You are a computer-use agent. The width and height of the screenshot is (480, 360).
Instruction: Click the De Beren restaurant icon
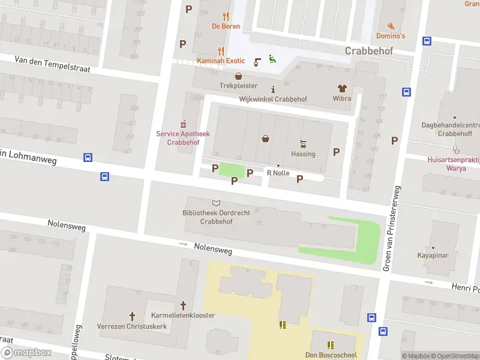(226, 16)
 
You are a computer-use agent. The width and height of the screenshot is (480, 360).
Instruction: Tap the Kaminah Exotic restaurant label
(221, 61)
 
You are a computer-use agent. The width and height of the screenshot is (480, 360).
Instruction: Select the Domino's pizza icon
(391, 26)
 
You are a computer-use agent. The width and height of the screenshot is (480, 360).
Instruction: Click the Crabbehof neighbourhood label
(369, 51)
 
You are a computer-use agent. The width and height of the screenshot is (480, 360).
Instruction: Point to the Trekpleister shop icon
(238, 76)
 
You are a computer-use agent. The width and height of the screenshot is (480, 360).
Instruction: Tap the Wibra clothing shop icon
(342, 88)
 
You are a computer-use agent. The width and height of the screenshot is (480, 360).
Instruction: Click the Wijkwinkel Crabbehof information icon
(273, 89)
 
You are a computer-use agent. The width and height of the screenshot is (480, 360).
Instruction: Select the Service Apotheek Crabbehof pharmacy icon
(183, 124)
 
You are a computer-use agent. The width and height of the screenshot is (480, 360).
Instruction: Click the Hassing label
(303, 154)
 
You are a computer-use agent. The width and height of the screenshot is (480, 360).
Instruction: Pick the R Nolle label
(278, 173)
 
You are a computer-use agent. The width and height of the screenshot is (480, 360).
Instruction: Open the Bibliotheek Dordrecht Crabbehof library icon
(216, 203)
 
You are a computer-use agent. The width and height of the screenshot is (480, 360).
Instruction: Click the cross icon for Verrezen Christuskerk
(133, 316)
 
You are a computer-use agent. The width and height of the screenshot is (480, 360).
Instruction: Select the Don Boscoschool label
(331, 355)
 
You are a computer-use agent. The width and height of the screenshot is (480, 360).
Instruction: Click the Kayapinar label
(433, 256)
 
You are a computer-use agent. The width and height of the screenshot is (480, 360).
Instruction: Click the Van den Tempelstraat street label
(52, 64)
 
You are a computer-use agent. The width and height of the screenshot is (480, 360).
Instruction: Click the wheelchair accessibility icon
(272, 59)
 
